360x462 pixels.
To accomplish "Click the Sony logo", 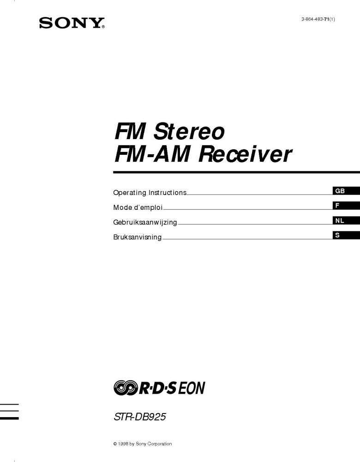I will point(72,23).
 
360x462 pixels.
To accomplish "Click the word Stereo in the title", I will point(189,132).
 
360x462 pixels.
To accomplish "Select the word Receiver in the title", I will point(245,154).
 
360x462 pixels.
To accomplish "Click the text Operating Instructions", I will point(150,193).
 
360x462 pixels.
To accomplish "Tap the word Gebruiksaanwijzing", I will point(145,222).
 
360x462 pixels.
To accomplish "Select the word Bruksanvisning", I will point(138,237).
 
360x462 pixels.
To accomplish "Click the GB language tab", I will point(340,191).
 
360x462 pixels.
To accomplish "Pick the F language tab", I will point(337,206).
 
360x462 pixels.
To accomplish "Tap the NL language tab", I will point(340,220).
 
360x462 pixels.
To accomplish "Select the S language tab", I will point(337,235).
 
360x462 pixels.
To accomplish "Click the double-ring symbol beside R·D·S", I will point(125,388).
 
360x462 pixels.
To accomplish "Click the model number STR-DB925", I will point(140,417).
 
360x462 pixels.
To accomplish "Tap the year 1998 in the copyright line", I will point(122,444).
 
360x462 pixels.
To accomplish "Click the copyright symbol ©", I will point(115,444).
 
